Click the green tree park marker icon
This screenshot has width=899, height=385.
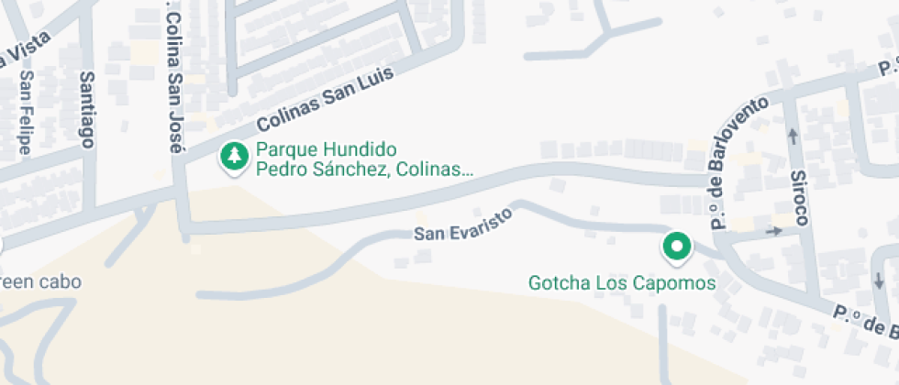[x=236, y=156]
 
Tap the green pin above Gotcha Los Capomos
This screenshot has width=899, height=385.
[x=677, y=246]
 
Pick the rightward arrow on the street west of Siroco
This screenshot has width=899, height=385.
[x=772, y=230]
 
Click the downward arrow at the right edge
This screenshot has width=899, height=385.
[x=880, y=279]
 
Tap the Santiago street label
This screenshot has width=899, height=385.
[x=88, y=110]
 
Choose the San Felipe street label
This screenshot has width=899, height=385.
[x=27, y=112]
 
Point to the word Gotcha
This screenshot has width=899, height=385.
[x=557, y=282]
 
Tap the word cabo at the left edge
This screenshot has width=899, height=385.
[x=61, y=281]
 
